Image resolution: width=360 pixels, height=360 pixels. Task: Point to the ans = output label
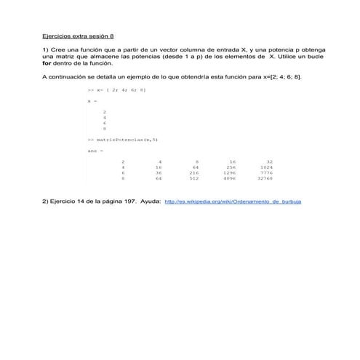tap(95, 151)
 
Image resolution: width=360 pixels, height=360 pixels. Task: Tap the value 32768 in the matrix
tap(265, 177)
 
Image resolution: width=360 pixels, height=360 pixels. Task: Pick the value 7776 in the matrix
tap(266, 172)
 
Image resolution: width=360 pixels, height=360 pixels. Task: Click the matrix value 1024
tap(266, 167)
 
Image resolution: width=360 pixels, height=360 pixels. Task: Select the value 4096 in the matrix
tap(230, 177)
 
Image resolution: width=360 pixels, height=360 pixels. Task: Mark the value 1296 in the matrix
tap(230, 172)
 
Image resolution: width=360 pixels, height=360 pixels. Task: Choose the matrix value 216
tap(194, 172)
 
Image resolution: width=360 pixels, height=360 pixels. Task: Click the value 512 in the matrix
tap(194, 177)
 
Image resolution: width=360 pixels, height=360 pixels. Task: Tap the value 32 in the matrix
tap(269, 161)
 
